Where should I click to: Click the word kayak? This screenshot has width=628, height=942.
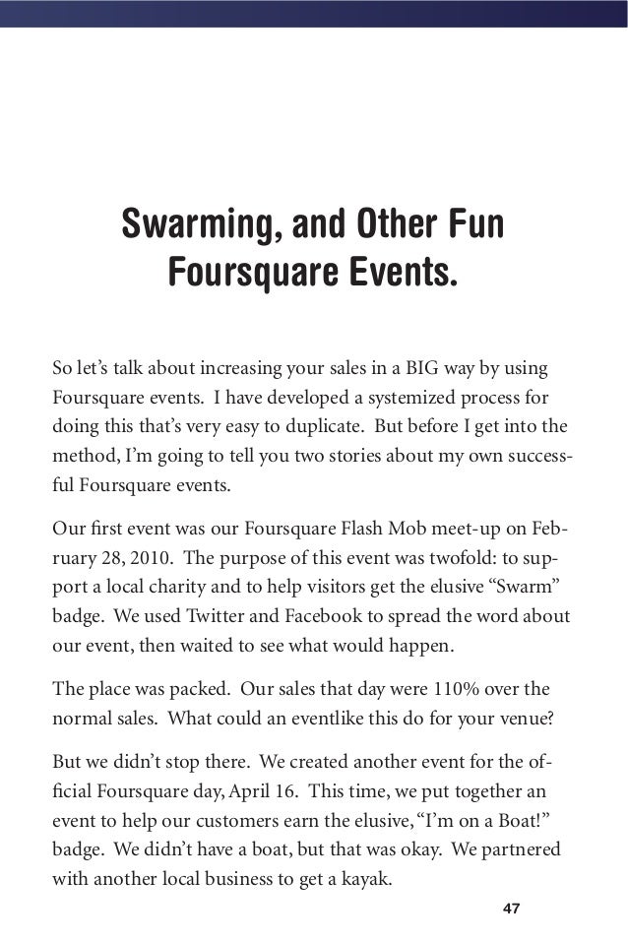click(x=362, y=879)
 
